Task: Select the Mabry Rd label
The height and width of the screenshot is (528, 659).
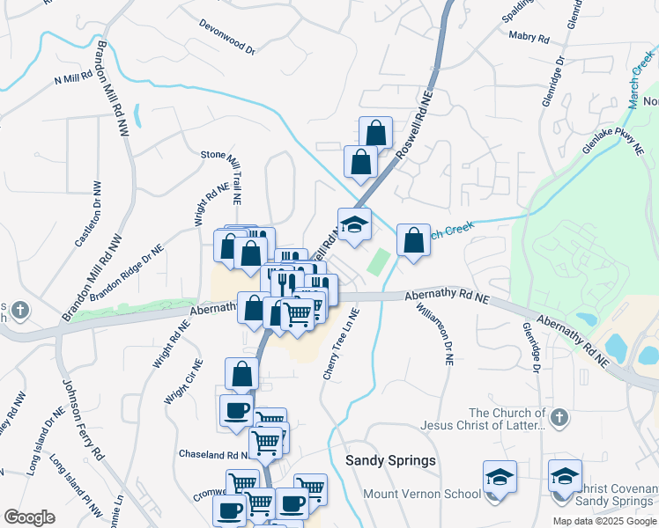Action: tap(529, 38)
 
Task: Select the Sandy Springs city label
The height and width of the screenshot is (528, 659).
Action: tap(390, 461)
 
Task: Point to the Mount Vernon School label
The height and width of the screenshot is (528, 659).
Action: tap(422, 494)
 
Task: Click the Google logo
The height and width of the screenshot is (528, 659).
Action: tap(29, 517)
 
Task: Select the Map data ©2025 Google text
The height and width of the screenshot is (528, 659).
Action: tap(603, 521)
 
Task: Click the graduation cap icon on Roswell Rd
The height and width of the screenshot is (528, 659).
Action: tap(354, 225)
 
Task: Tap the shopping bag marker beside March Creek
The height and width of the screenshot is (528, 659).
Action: tap(413, 240)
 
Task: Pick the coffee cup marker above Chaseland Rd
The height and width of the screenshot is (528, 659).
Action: tap(236, 410)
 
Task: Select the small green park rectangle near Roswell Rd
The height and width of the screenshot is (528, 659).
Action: tap(379, 261)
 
